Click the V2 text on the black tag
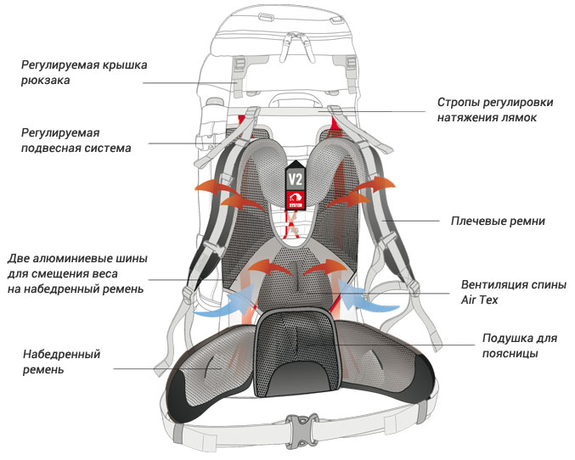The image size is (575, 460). (x=296, y=180)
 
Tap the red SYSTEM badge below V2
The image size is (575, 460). (x=296, y=200)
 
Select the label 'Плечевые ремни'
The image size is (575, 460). (x=498, y=221)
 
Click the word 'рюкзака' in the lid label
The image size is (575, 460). (x=46, y=81)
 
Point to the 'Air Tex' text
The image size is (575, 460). (x=479, y=300)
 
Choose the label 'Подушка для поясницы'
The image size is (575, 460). (x=519, y=345)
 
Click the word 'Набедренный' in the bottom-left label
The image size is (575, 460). (x=62, y=354)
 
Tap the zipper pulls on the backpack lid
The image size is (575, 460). (x=296, y=47)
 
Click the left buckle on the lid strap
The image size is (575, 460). (x=240, y=65)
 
